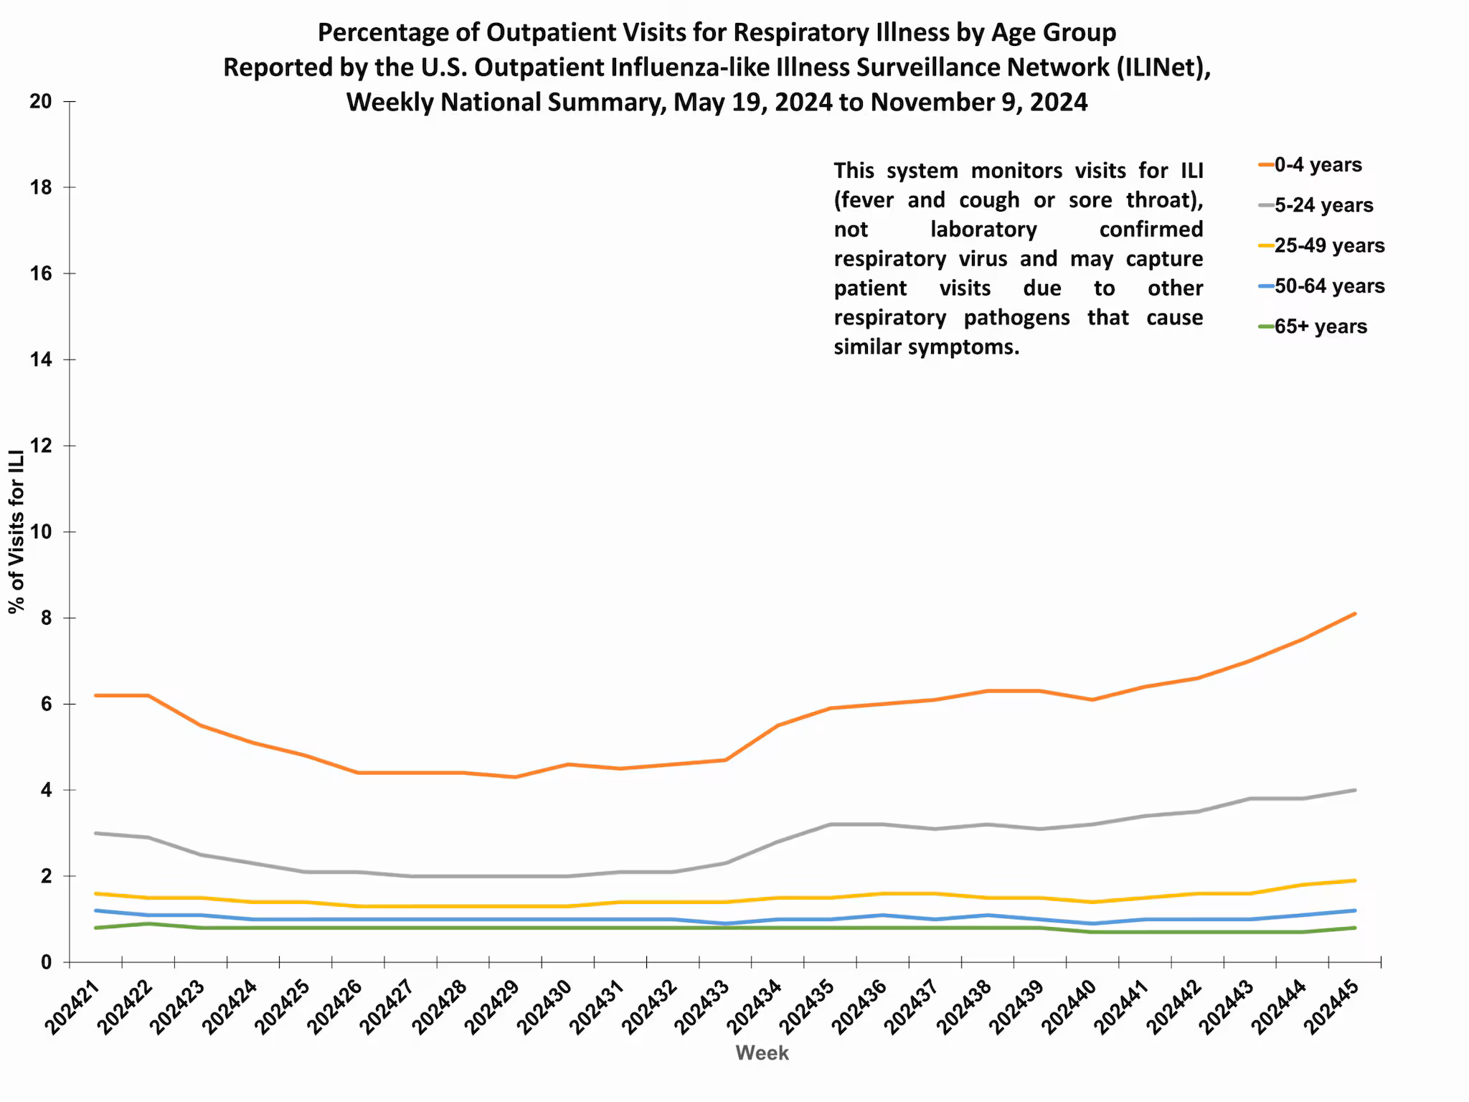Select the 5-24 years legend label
pyautogui.click(x=1323, y=205)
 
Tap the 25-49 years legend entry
pyautogui.click(x=1328, y=245)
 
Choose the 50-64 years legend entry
pyautogui.click(x=1328, y=286)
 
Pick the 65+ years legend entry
pyautogui.click(x=1320, y=326)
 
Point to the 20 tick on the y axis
pyautogui.click(x=41, y=101)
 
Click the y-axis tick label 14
pyautogui.click(x=41, y=359)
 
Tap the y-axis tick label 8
pyautogui.click(x=47, y=618)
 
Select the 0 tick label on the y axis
pyautogui.click(x=47, y=962)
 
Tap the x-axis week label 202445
pyautogui.click(x=1331, y=1009)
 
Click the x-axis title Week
pyautogui.click(x=762, y=1052)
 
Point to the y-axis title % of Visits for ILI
pyautogui.click(x=16, y=532)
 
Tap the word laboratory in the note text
pyautogui.click(x=983, y=229)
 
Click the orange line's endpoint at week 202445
pyautogui.click(x=1354, y=613)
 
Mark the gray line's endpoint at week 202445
pyautogui.click(x=1354, y=790)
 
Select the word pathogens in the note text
pyautogui.click(x=1016, y=317)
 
